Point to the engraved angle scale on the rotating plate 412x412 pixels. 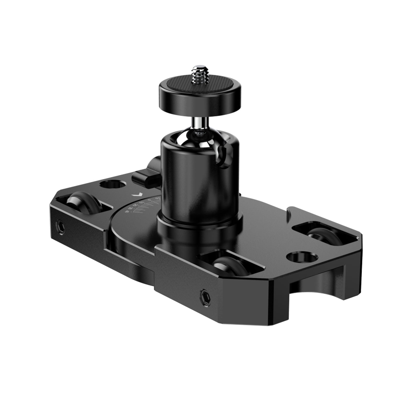click(x=142, y=206)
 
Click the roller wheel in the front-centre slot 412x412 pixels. click(x=227, y=265)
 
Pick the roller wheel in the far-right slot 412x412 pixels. click(x=322, y=234)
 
